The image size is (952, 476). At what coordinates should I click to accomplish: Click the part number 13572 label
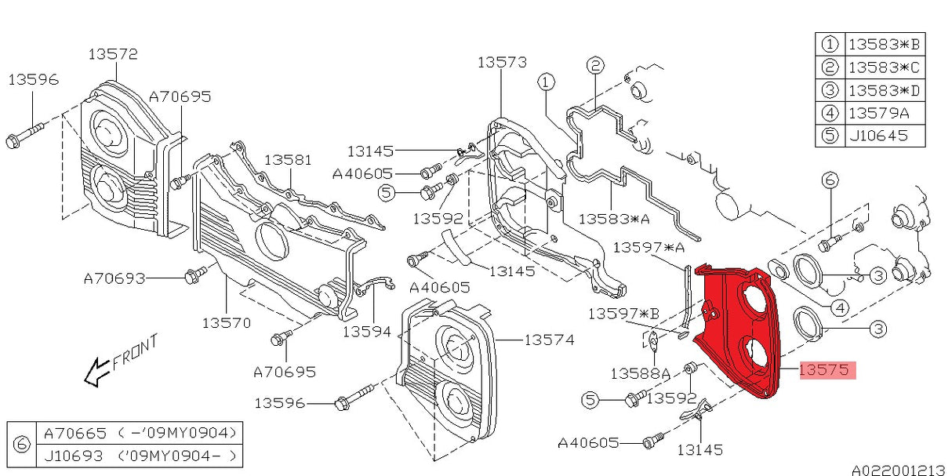[x=113, y=54]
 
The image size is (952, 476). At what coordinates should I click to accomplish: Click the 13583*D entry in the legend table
[x=884, y=90]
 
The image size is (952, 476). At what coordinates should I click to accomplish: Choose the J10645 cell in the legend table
[x=878, y=136]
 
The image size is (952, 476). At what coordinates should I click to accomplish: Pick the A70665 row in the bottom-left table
[x=140, y=433]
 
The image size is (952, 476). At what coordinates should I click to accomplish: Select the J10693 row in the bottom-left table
[x=140, y=456]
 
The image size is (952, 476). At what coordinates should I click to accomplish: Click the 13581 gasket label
[x=288, y=160]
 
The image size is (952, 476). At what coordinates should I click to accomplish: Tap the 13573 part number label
[x=502, y=63]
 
